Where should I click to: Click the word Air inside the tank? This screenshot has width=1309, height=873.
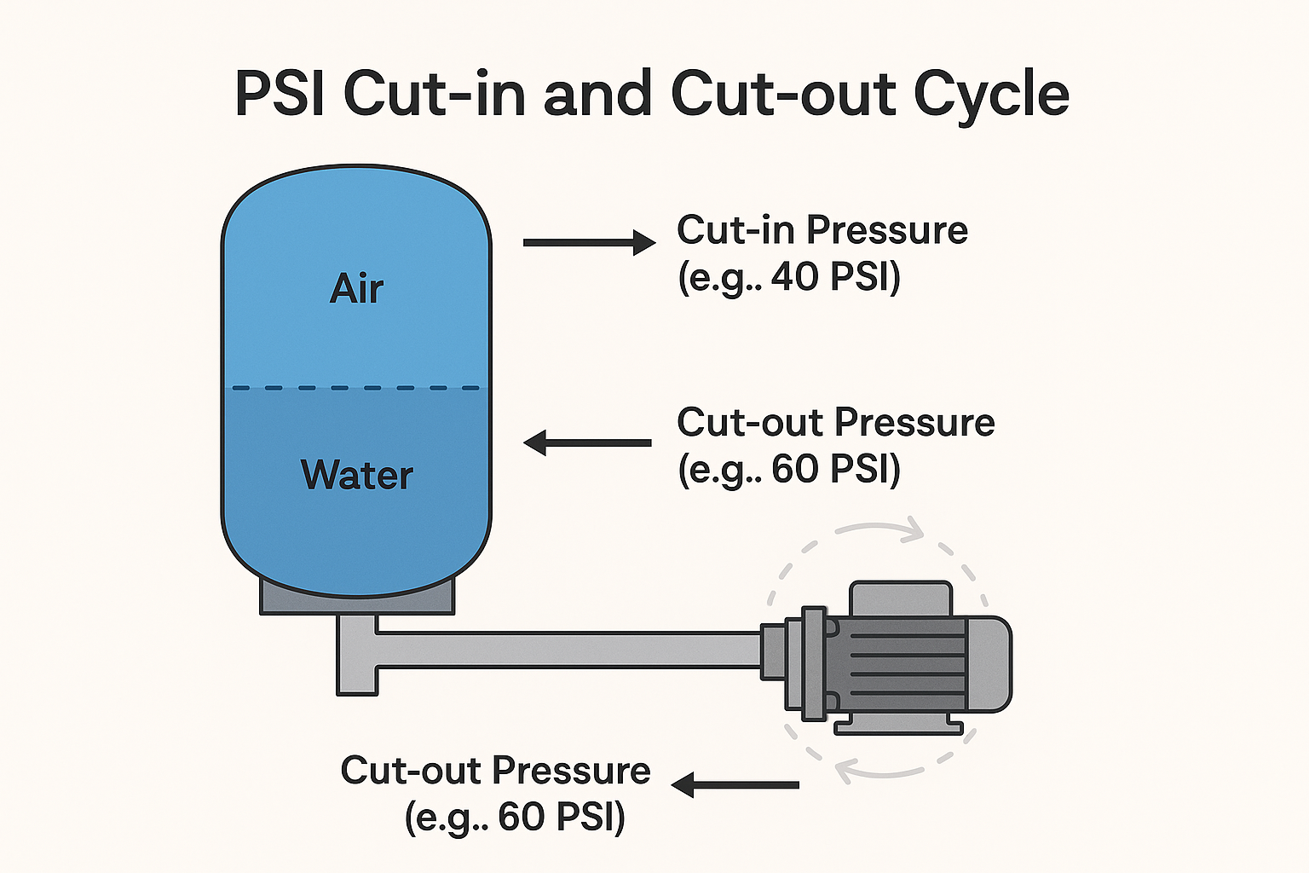pos(356,289)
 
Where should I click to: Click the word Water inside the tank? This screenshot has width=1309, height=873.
pos(357,475)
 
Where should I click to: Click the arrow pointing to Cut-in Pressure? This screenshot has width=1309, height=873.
pos(588,243)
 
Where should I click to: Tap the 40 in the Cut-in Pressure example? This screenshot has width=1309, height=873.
pos(793,277)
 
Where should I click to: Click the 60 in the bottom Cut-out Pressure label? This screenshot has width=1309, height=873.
pos(521,817)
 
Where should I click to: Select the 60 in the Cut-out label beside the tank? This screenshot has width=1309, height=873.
pos(794,469)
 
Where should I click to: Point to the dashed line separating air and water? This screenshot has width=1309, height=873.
pos(356,388)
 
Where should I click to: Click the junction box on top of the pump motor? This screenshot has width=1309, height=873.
pos(901,598)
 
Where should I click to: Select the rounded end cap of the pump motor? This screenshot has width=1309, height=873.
pos(990,663)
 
